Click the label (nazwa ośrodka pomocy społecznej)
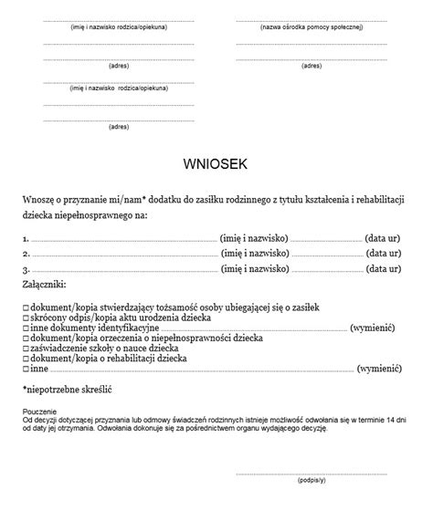311,27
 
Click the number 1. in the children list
26,237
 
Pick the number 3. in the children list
26,270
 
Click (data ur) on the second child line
383,254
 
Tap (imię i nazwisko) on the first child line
256,237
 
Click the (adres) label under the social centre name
311,66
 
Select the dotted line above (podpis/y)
311,471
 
